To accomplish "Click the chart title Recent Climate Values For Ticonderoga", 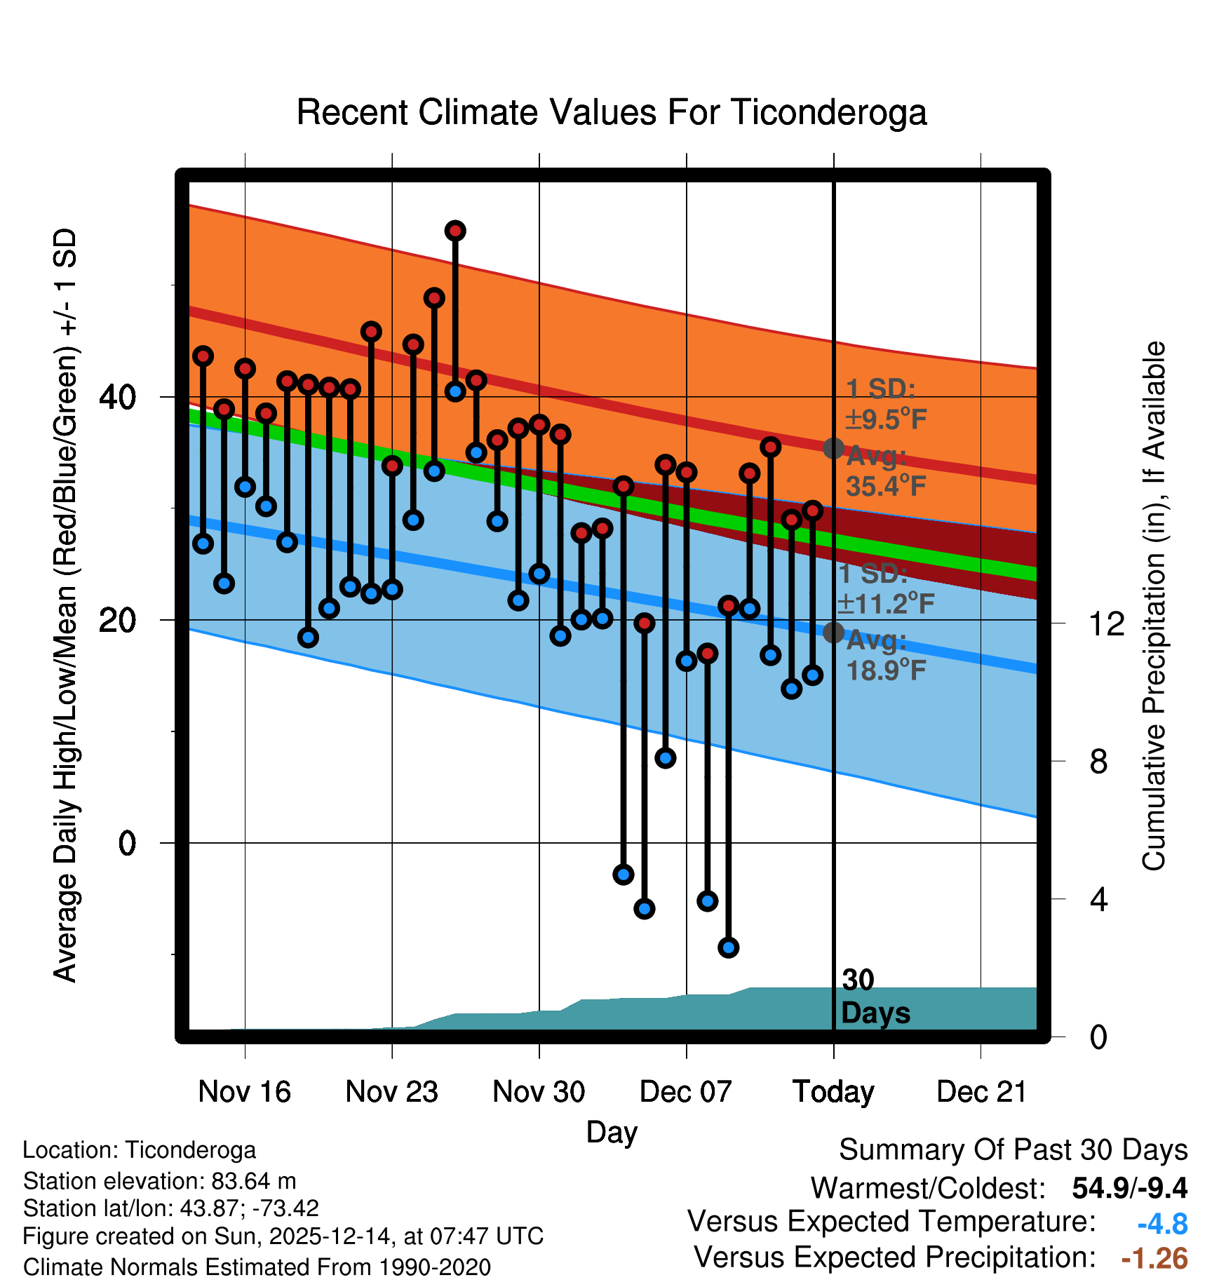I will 612,113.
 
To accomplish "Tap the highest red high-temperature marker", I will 455,231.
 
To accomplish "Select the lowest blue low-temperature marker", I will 728,947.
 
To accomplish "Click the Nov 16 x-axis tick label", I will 244,1092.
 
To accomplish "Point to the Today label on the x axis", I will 833,1092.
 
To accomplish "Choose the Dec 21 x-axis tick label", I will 981,1092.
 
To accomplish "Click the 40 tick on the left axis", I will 118,398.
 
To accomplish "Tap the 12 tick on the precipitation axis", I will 1107,623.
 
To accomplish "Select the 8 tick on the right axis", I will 1098,762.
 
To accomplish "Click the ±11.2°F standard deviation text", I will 886,603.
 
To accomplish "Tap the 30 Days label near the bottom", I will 875,997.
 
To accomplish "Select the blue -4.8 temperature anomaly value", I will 1162,1224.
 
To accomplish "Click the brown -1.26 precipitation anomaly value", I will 1154,1258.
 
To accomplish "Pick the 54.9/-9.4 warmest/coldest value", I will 1129,1188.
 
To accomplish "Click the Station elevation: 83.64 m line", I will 160,1181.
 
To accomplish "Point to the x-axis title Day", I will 612,1132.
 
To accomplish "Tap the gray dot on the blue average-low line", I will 833,633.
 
